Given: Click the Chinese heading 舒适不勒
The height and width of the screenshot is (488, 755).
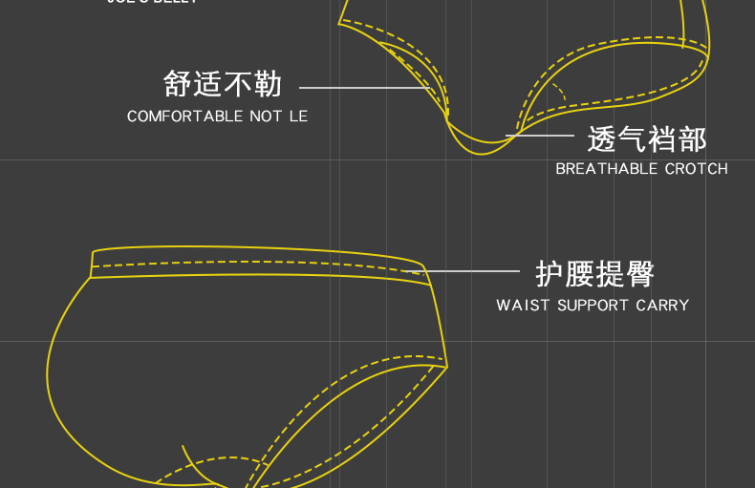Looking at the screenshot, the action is pyautogui.click(x=223, y=84).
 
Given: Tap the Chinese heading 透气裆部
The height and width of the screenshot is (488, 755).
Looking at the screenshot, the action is pyautogui.click(x=646, y=139).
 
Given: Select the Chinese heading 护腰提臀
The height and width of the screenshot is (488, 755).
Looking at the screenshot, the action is pyautogui.click(x=594, y=274).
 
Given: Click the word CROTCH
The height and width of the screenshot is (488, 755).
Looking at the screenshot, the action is pyautogui.click(x=696, y=169).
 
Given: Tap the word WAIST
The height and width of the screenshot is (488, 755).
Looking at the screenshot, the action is pyautogui.click(x=523, y=306).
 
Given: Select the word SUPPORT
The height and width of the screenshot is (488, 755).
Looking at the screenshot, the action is pyautogui.click(x=593, y=306).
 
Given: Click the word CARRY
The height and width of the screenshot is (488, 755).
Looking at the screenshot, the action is pyautogui.click(x=662, y=306).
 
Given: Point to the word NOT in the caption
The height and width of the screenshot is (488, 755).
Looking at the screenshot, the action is pyautogui.click(x=268, y=117).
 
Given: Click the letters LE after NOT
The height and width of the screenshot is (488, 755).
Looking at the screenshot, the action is pyautogui.click(x=298, y=117).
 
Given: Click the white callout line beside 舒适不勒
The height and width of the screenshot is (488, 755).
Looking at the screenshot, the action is pyautogui.click(x=363, y=87).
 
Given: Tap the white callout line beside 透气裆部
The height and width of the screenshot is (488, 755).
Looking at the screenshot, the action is pyautogui.click(x=543, y=137).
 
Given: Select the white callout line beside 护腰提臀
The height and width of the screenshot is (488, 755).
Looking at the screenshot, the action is pyautogui.click(x=468, y=272).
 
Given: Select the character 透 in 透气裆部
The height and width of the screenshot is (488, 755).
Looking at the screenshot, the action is pyautogui.click(x=602, y=139).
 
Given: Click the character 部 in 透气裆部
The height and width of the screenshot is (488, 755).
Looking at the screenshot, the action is pyautogui.click(x=691, y=139).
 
